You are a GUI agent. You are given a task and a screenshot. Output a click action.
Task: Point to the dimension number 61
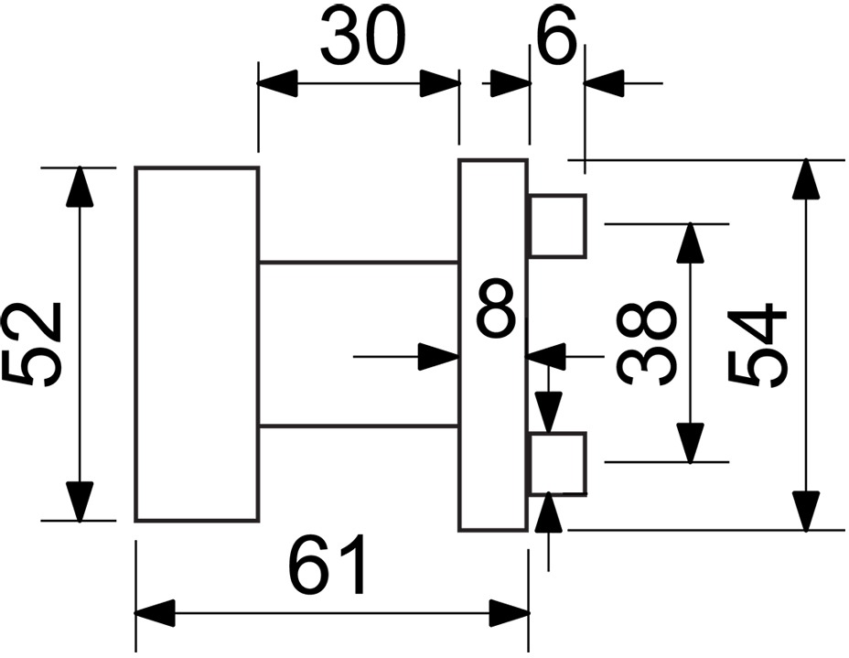tap(328, 565)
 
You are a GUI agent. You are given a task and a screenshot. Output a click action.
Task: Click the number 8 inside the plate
tap(496, 309)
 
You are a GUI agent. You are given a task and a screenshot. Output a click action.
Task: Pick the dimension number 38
tap(647, 342)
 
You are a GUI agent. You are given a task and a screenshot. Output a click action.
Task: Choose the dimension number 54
tap(757, 344)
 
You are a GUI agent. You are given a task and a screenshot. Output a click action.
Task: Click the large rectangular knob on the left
tap(197, 344)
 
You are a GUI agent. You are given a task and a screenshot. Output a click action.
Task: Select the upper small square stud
tap(558, 225)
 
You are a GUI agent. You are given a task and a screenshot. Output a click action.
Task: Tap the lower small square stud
tap(558, 464)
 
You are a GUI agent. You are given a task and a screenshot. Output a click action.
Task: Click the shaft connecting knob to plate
tap(360, 344)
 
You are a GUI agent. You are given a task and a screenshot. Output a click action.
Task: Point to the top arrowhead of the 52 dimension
tap(80, 186)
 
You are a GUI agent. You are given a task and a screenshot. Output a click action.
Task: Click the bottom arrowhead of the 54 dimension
tap(806, 512)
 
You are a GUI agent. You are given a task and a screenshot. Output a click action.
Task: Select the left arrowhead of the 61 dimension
tap(156, 613)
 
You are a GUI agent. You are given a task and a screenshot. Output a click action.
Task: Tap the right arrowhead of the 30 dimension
tap(440, 83)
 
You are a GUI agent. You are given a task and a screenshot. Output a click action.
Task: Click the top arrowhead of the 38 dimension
tap(690, 243)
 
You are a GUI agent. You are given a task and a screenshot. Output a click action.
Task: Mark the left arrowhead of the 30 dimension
tap(278, 83)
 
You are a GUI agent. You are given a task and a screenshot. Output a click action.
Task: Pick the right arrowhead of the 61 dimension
tap(509, 613)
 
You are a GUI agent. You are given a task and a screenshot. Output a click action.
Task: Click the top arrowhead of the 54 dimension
tap(806, 179)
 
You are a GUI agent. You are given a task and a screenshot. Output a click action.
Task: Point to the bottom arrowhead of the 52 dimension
tap(80, 502)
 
